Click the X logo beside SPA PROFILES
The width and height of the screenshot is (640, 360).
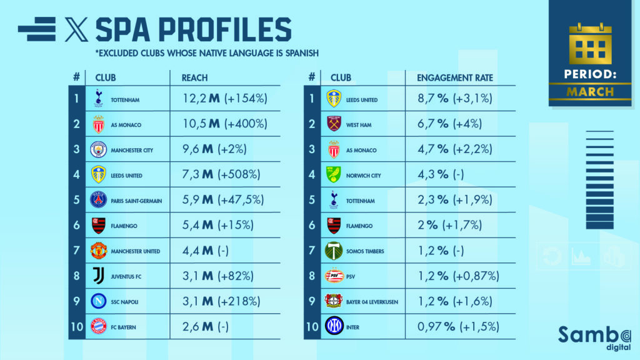coord(76,29)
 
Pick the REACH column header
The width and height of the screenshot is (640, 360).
coord(194,78)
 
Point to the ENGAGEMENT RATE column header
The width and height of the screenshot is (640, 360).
coord(455,78)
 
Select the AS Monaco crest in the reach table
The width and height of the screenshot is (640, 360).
coord(98,124)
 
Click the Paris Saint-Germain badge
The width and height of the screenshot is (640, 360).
coord(98,200)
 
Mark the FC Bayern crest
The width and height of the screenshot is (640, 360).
coord(98,326)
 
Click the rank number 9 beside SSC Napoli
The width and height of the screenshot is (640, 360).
coord(76,301)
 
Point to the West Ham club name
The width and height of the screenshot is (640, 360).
coord(358,125)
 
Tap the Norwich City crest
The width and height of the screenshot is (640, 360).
coord(334,175)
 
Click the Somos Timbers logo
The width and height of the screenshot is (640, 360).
coord(334,251)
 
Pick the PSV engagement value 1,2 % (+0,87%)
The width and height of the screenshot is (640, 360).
coord(459,276)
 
